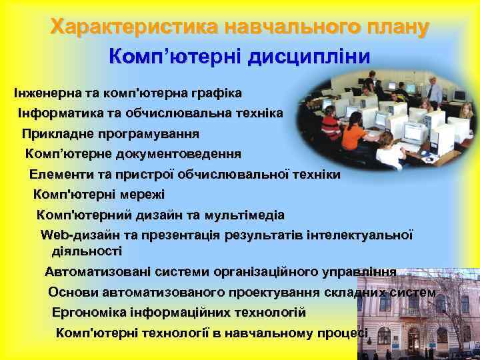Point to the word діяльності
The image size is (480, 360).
pos(87,251)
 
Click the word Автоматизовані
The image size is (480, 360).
pos(97,272)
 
